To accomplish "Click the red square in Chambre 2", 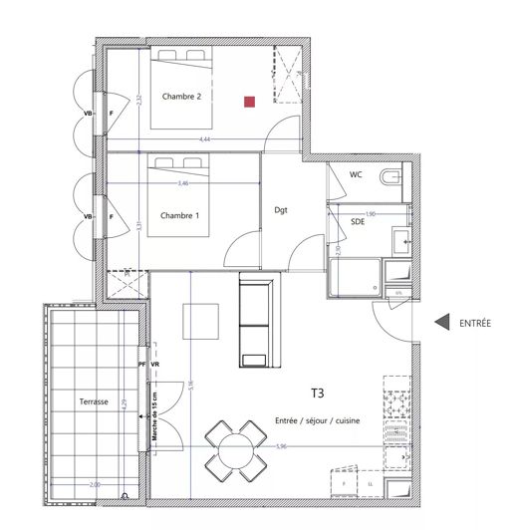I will pyautogui.click(x=251, y=100).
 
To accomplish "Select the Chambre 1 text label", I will pyautogui.click(x=179, y=215).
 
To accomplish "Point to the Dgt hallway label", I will pyautogui.click(x=282, y=209).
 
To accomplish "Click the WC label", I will pyautogui.click(x=356, y=174).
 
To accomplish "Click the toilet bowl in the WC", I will pyautogui.click(x=393, y=178).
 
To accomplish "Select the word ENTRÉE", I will pyautogui.click(x=476, y=323).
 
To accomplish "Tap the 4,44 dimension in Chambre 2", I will pyautogui.click(x=204, y=139).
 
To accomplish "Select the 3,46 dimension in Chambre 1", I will pyautogui.click(x=183, y=184).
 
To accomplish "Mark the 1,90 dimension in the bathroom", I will pyautogui.click(x=371, y=213).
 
